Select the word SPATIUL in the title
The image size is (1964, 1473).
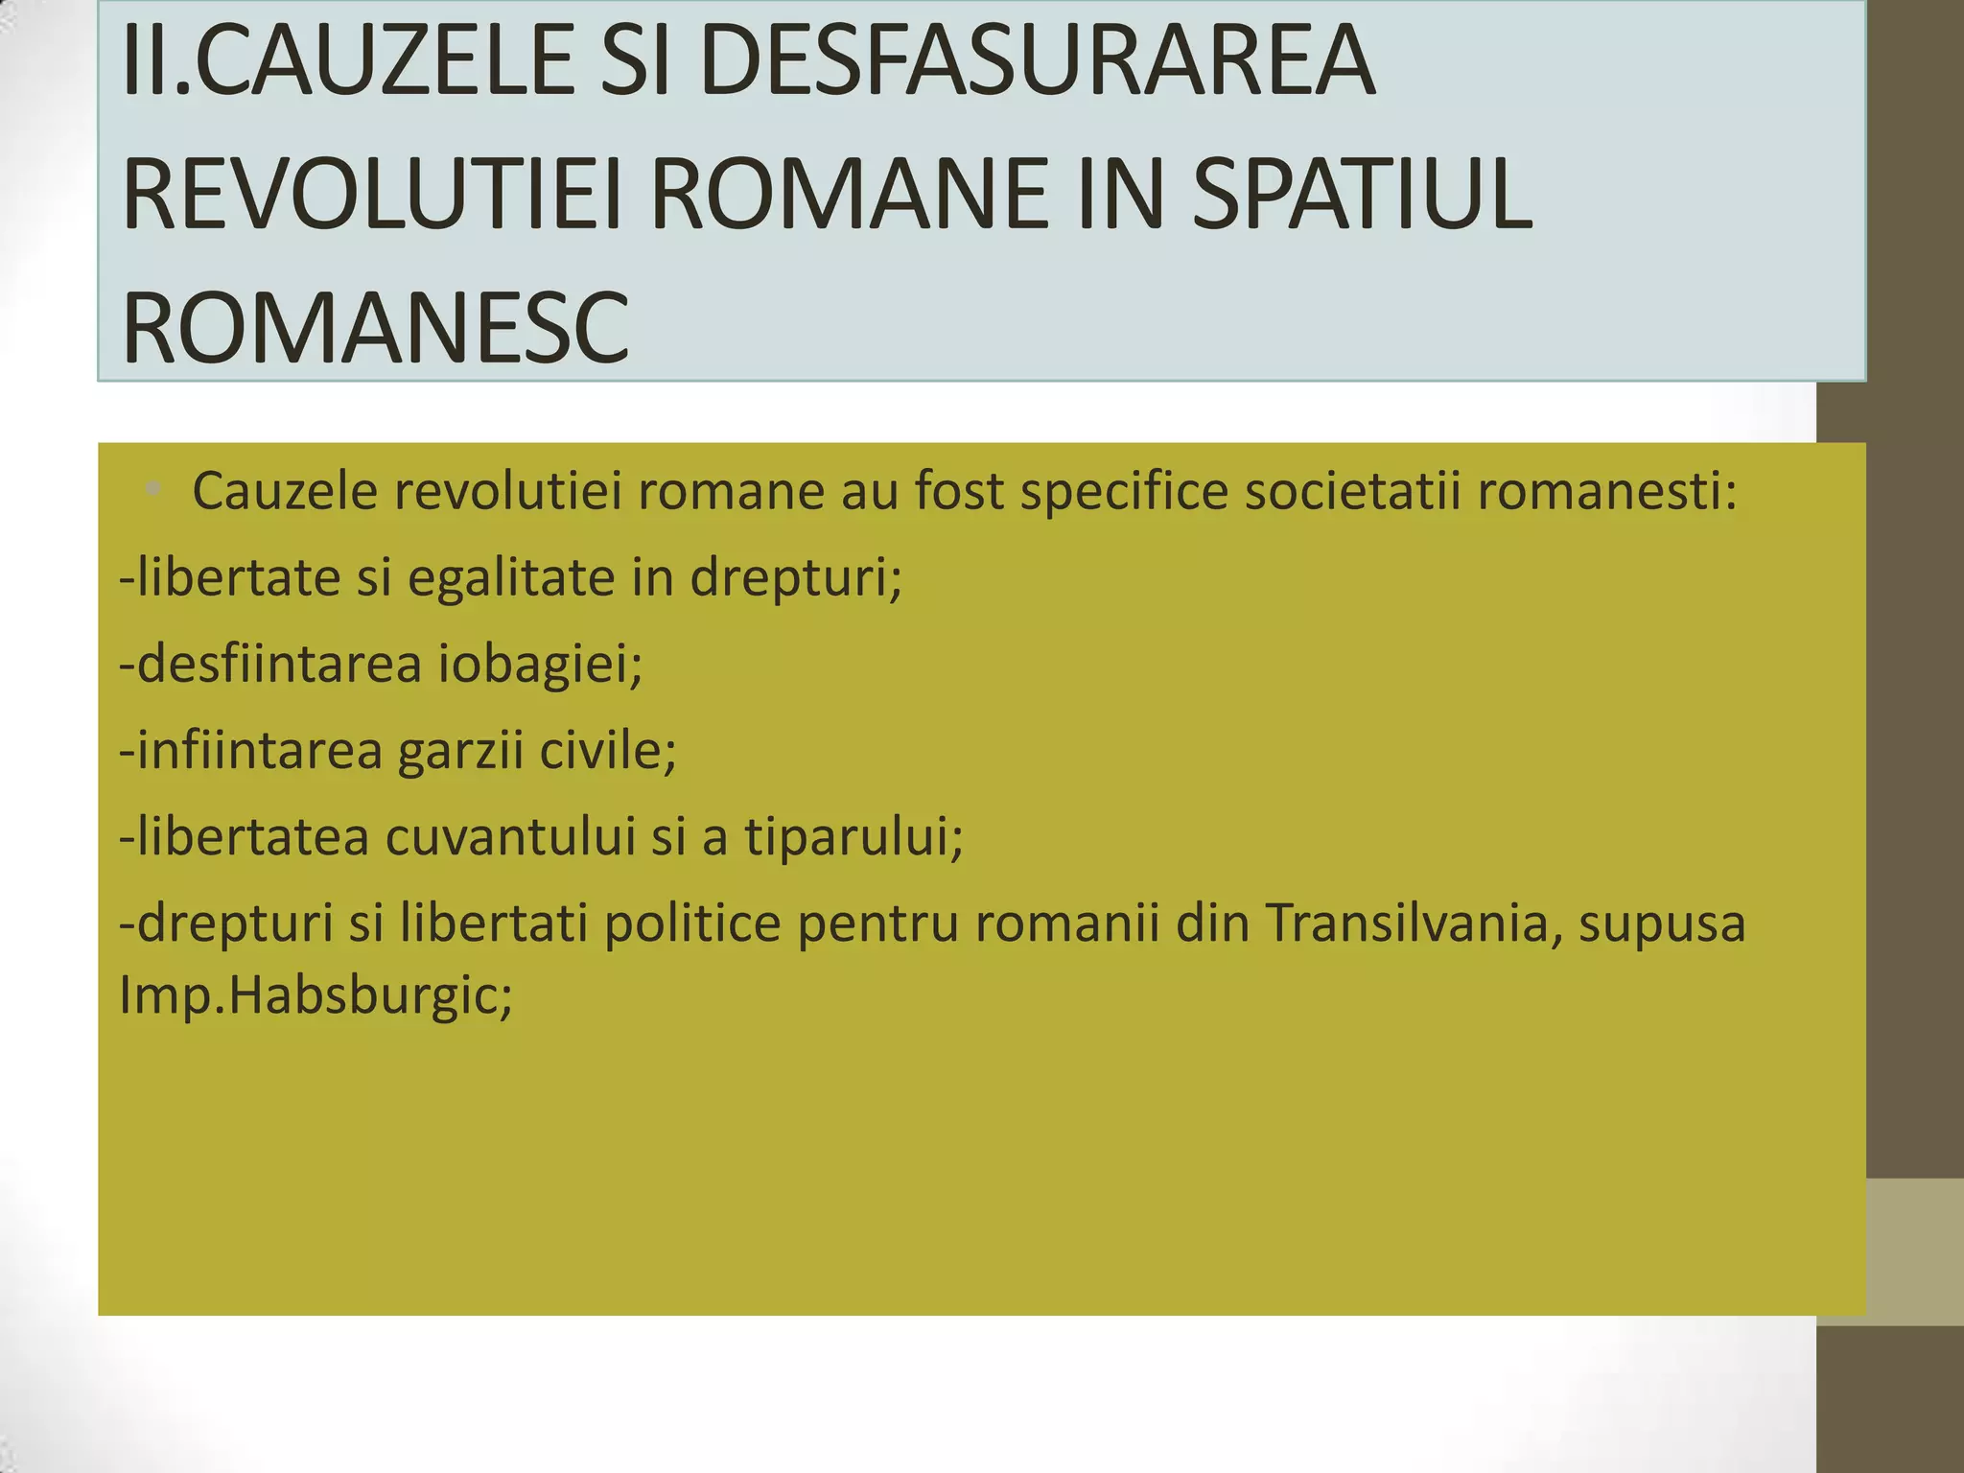[1362, 195]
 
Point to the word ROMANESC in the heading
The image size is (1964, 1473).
[375, 328]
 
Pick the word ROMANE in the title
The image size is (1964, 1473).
[850, 195]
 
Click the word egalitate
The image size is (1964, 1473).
[511, 578]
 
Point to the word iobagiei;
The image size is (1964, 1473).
[541, 664]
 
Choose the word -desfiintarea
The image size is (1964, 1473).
[270, 664]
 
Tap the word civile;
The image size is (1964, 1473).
[608, 750]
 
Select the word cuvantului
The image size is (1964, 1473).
[511, 836]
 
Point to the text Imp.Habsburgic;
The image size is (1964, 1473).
[316, 995]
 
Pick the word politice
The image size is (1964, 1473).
[692, 924]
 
